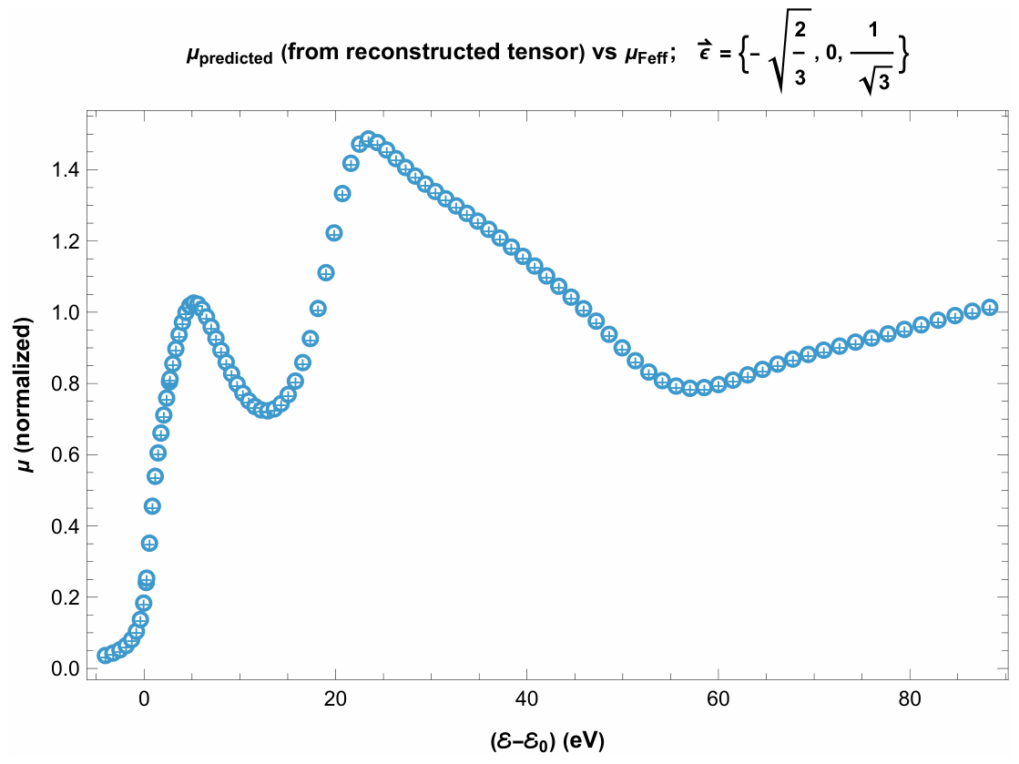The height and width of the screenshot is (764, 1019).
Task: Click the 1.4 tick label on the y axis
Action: pyautogui.click(x=65, y=170)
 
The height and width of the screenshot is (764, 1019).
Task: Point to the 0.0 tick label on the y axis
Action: pyautogui.click(x=65, y=668)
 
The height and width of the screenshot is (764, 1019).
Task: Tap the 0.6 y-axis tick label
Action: pyautogui.click(x=65, y=454)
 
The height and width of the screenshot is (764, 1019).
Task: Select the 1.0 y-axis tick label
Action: pyautogui.click(x=65, y=312)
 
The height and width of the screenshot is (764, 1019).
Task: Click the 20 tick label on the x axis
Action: pyautogui.click(x=335, y=699)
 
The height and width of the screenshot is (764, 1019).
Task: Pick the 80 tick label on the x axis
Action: pyautogui.click(x=910, y=699)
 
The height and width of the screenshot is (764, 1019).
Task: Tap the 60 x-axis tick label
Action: pyautogui.click(x=718, y=699)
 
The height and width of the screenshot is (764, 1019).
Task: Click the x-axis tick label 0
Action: pyautogui.click(x=144, y=699)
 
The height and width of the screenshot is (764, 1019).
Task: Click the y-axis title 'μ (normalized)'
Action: pyautogui.click(x=24, y=395)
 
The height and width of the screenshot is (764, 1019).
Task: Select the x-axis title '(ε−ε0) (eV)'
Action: pyautogui.click(x=547, y=740)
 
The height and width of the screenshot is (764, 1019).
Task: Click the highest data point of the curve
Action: pyautogui.click(x=369, y=139)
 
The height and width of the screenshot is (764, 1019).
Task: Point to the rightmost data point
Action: pyautogui.click(x=989, y=308)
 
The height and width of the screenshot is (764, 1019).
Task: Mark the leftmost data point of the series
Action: pyautogui.click(x=105, y=656)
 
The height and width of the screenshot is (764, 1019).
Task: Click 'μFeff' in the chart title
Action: pyautogui.click(x=646, y=55)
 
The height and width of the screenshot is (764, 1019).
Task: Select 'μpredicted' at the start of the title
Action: pyautogui.click(x=229, y=56)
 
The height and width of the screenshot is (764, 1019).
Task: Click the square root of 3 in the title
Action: pyautogui.click(x=874, y=81)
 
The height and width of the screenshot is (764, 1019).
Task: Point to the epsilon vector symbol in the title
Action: pyautogui.click(x=706, y=49)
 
